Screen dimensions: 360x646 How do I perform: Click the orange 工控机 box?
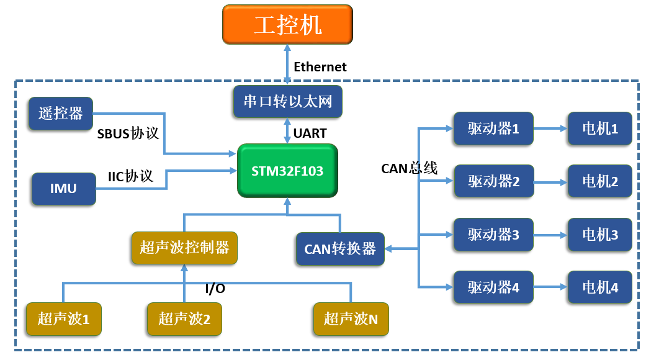(x=287, y=24)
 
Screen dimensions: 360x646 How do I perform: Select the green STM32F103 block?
(x=287, y=171)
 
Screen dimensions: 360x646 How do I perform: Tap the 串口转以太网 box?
(x=287, y=101)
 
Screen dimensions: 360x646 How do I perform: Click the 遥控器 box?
(x=60, y=113)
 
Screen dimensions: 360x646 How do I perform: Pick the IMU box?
(x=63, y=189)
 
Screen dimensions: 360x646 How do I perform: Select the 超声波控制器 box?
(x=184, y=248)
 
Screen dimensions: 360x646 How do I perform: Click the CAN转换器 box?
(x=339, y=249)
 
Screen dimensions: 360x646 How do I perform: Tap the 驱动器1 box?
(x=493, y=128)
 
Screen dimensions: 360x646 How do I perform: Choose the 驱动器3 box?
(x=493, y=235)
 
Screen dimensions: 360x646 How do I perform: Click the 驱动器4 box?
(x=493, y=287)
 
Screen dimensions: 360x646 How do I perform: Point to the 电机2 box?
(x=599, y=181)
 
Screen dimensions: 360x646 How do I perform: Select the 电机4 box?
(x=599, y=287)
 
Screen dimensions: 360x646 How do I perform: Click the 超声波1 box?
(x=63, y=319)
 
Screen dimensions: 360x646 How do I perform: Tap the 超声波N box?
(x=351, y=319)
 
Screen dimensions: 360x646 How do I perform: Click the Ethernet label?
(x=320, y=67)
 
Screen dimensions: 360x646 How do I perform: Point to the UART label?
(x=310, y=133)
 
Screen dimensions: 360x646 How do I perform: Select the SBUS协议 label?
(x=128, y=134)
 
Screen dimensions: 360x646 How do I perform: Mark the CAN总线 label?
(x=409, y=168)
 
